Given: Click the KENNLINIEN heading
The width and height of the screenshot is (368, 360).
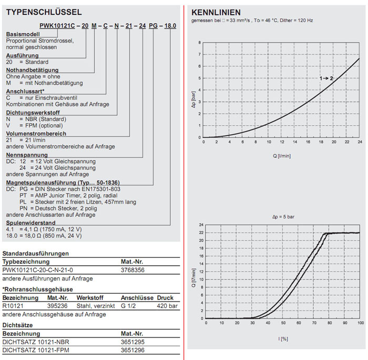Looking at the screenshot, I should click(x=216, y=12).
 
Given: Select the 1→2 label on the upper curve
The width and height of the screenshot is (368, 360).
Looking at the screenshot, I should click(x=326, y=78).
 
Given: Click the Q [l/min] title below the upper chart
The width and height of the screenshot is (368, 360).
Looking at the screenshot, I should click(x=282, y=156).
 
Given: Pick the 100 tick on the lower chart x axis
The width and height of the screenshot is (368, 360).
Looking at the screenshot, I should click(x=360, y=323).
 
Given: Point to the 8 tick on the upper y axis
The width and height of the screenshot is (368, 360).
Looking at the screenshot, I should click(x=199, y=43).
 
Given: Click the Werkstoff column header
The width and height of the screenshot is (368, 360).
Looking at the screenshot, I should click(x=88, y=297).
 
